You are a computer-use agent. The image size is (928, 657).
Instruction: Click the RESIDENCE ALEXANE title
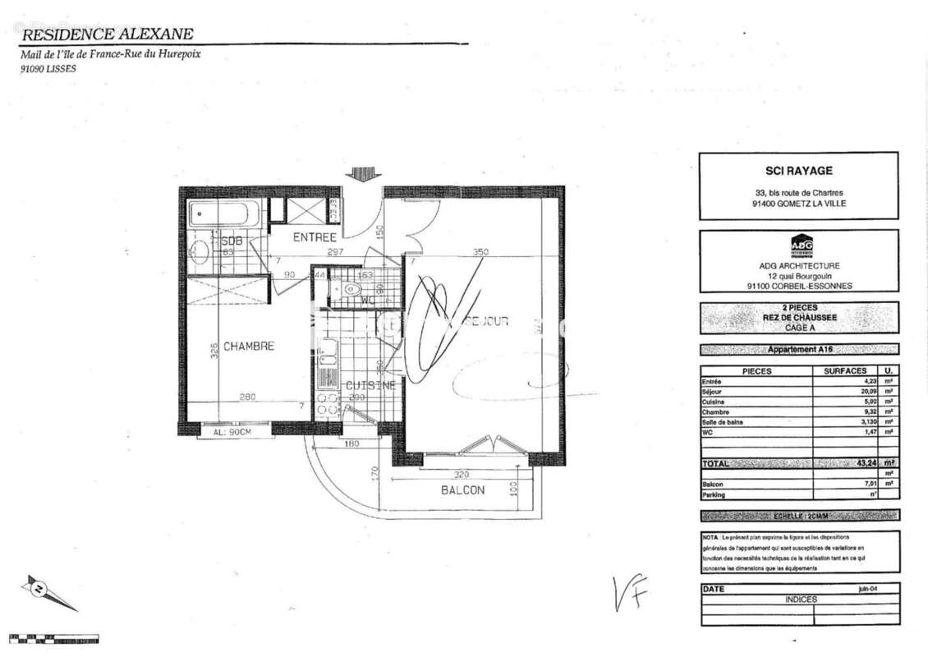coord(107,34)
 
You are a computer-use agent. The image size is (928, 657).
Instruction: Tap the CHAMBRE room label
coord(247,346)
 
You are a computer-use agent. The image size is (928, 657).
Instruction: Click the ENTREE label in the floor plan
coord(315,237)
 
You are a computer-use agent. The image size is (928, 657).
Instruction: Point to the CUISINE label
coord(370,385)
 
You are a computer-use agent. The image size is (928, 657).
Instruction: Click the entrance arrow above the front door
coord(362,173)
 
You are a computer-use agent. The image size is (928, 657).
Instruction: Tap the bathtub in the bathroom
coord(224,215)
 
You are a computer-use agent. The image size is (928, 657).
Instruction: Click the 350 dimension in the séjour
coord(481,252)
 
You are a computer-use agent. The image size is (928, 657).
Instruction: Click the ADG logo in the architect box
coord(801,245)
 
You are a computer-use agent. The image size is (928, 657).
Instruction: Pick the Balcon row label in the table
coord(712,484)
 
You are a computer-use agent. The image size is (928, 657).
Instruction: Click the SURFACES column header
coord(845,371)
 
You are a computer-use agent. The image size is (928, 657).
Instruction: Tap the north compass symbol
coord(38,588)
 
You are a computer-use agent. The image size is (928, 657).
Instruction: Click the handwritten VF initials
coord(631,593)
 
